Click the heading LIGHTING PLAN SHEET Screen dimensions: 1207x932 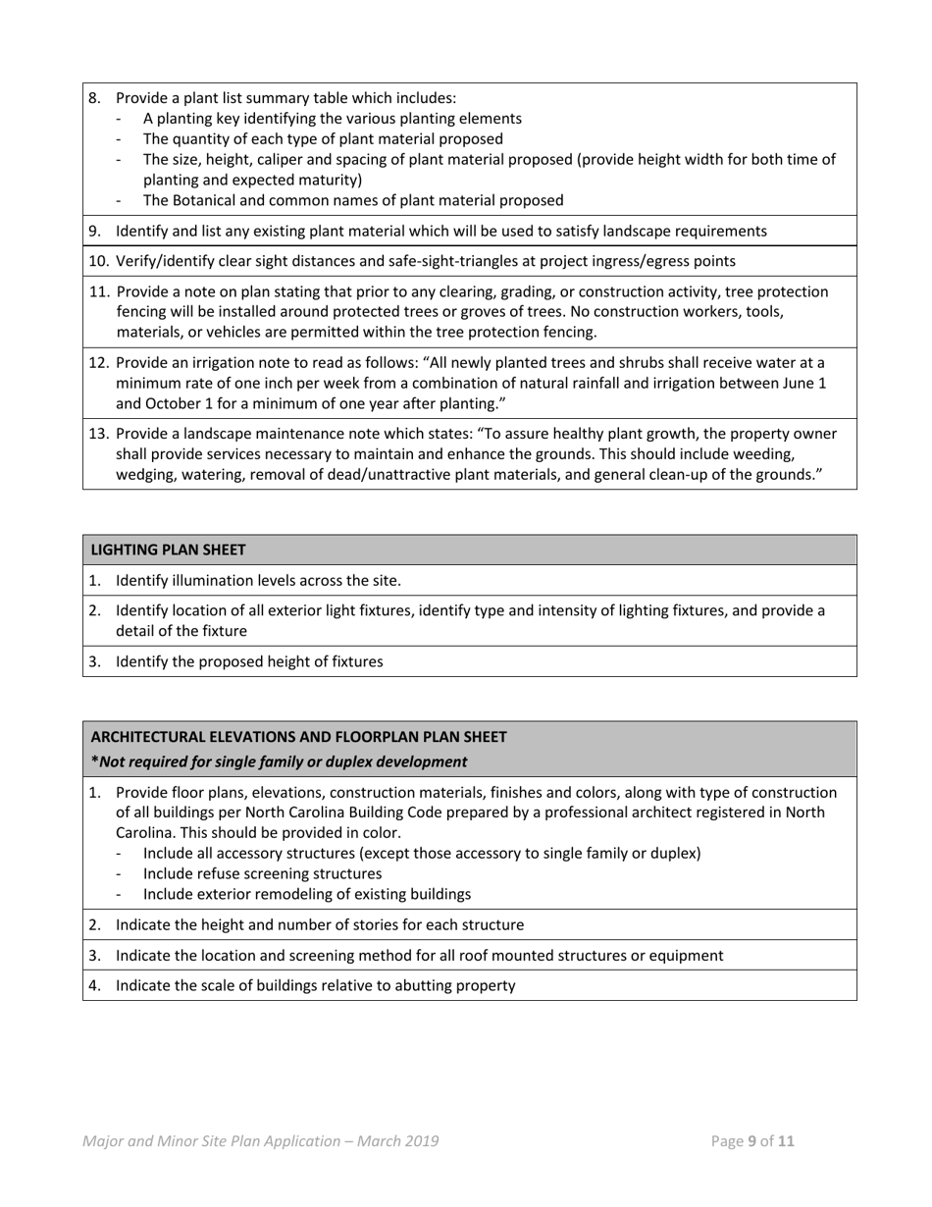(168, 550)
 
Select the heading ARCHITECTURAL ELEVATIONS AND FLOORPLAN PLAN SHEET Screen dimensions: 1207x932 (298, 736)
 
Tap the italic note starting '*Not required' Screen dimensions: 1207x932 (279, 761)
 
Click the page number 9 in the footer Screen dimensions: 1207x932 (752, 1141)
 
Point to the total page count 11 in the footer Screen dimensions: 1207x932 (786, 1141)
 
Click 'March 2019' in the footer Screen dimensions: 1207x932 (398, 1141)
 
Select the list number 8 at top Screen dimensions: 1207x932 (94, 98)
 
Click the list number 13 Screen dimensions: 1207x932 (98, 434)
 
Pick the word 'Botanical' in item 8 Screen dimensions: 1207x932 (208, 201)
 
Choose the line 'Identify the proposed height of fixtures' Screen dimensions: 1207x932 (249, 662)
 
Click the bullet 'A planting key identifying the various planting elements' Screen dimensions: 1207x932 (332, 119)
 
